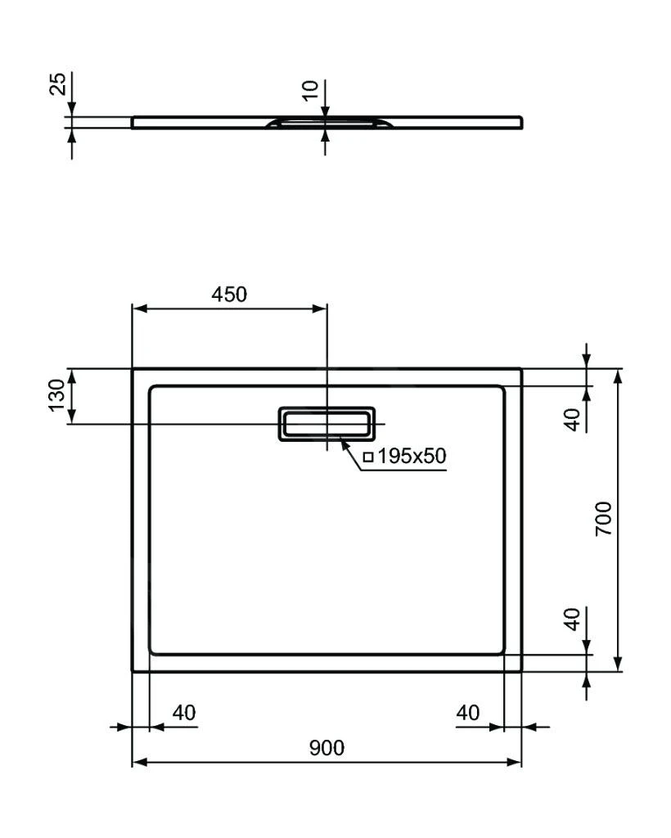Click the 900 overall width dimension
[326, 747]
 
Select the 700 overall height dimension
[604, 519]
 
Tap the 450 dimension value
[229, 295]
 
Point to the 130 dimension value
[56, 396]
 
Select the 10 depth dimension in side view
[310, 91]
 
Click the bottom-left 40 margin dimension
[184, 713]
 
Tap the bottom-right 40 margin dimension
[467, 713]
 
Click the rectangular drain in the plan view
[326, 424]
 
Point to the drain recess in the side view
[326, 123]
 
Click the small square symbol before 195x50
[368, 457]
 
